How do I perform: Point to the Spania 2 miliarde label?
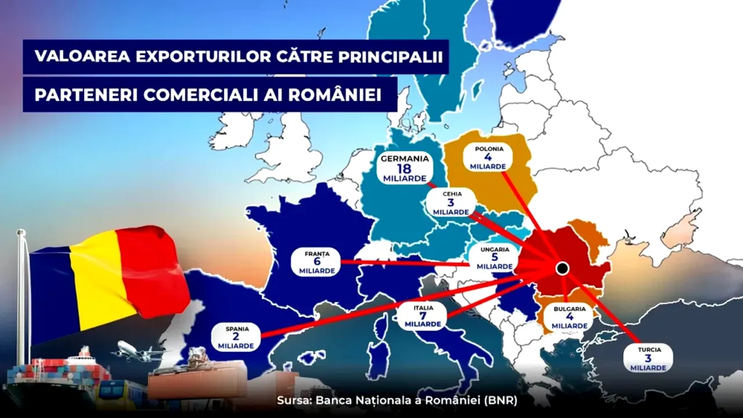coord(237,337)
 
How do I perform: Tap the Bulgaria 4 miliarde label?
coord(569,317)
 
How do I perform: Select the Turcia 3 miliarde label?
coord(648,358)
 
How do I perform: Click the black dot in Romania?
coord(561,268)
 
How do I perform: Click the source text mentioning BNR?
coord(396,401)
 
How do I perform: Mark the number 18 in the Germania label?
coord(405,168)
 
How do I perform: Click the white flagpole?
coord(21,302)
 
